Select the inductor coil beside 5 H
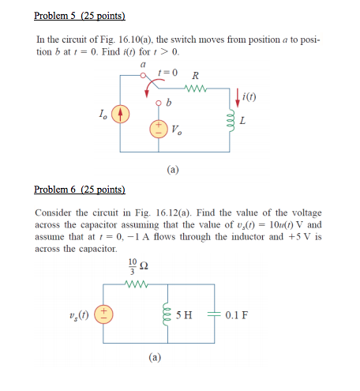point(167,314)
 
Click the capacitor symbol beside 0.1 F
point(216,314)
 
